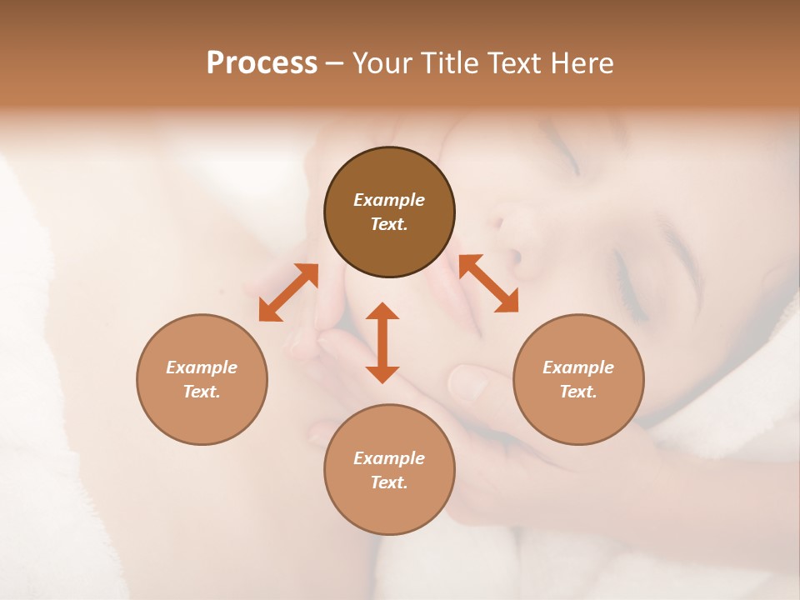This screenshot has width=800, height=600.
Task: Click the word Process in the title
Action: tap(262, 63)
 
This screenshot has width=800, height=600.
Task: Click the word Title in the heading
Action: tap(449, 63)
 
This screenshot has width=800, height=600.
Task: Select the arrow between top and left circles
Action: tap(288, 292)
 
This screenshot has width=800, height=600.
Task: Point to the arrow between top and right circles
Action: tap(489, 284)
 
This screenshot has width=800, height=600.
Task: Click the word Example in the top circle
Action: tap(389, 200)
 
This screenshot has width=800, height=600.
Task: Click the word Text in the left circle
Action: tap(201, 392)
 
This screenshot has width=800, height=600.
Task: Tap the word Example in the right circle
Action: tap(578, 367)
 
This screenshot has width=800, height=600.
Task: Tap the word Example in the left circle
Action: tap(202, 367)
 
